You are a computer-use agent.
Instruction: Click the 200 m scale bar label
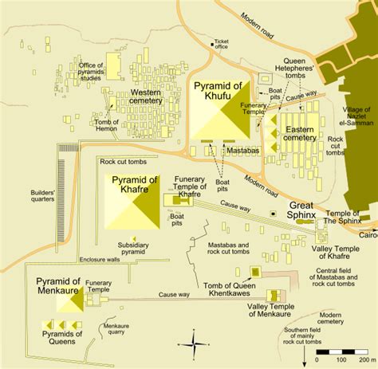[x=364, y=360]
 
